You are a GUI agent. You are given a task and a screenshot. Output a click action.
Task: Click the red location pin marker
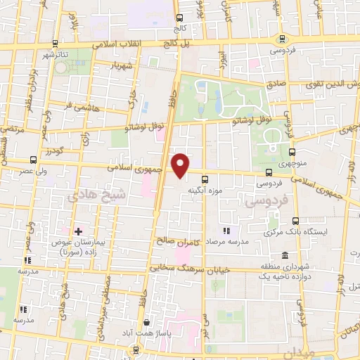[181, 165]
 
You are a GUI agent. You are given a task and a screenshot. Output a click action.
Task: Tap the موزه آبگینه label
[205, 191]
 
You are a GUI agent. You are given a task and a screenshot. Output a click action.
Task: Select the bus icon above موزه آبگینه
[205, 179]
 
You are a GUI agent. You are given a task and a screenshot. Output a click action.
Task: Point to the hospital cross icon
[78, 231]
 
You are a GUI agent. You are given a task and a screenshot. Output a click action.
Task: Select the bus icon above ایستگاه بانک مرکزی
[294, 221]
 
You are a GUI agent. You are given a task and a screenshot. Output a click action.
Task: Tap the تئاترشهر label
[57, 55]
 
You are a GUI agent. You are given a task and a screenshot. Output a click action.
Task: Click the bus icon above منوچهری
[293, 150]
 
